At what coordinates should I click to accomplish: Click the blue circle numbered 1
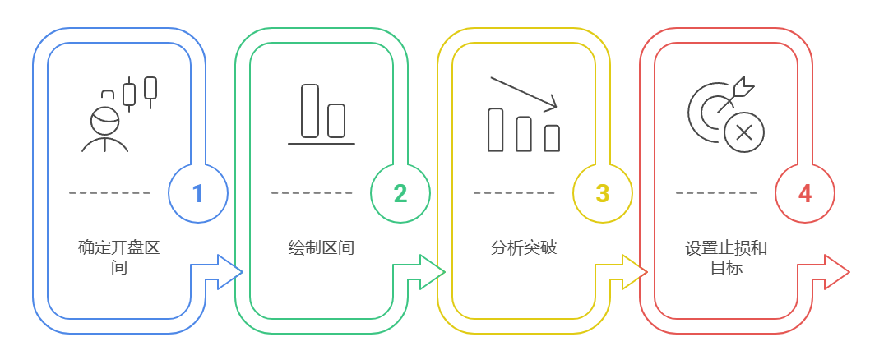click(197, 193)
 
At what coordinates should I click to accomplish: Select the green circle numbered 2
click(400, 193)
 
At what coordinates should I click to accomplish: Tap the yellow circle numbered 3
click(602, 193)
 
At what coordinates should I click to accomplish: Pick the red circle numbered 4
click(804, 193)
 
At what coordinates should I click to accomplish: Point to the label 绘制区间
click(321, 247)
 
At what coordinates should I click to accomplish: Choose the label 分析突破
click(523, 247)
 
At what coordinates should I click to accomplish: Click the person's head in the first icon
click(104, 120)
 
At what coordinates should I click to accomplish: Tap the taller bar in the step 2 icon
click(309, 110)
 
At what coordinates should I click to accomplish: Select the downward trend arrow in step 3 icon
click(524, 93)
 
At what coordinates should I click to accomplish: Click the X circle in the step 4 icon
click(744, 132)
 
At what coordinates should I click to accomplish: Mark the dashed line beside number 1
click(109, 193)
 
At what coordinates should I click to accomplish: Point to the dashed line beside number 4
click(716, 193)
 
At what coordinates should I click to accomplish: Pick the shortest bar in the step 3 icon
click(552, 138)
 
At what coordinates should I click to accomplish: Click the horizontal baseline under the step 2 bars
click(321, 144)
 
